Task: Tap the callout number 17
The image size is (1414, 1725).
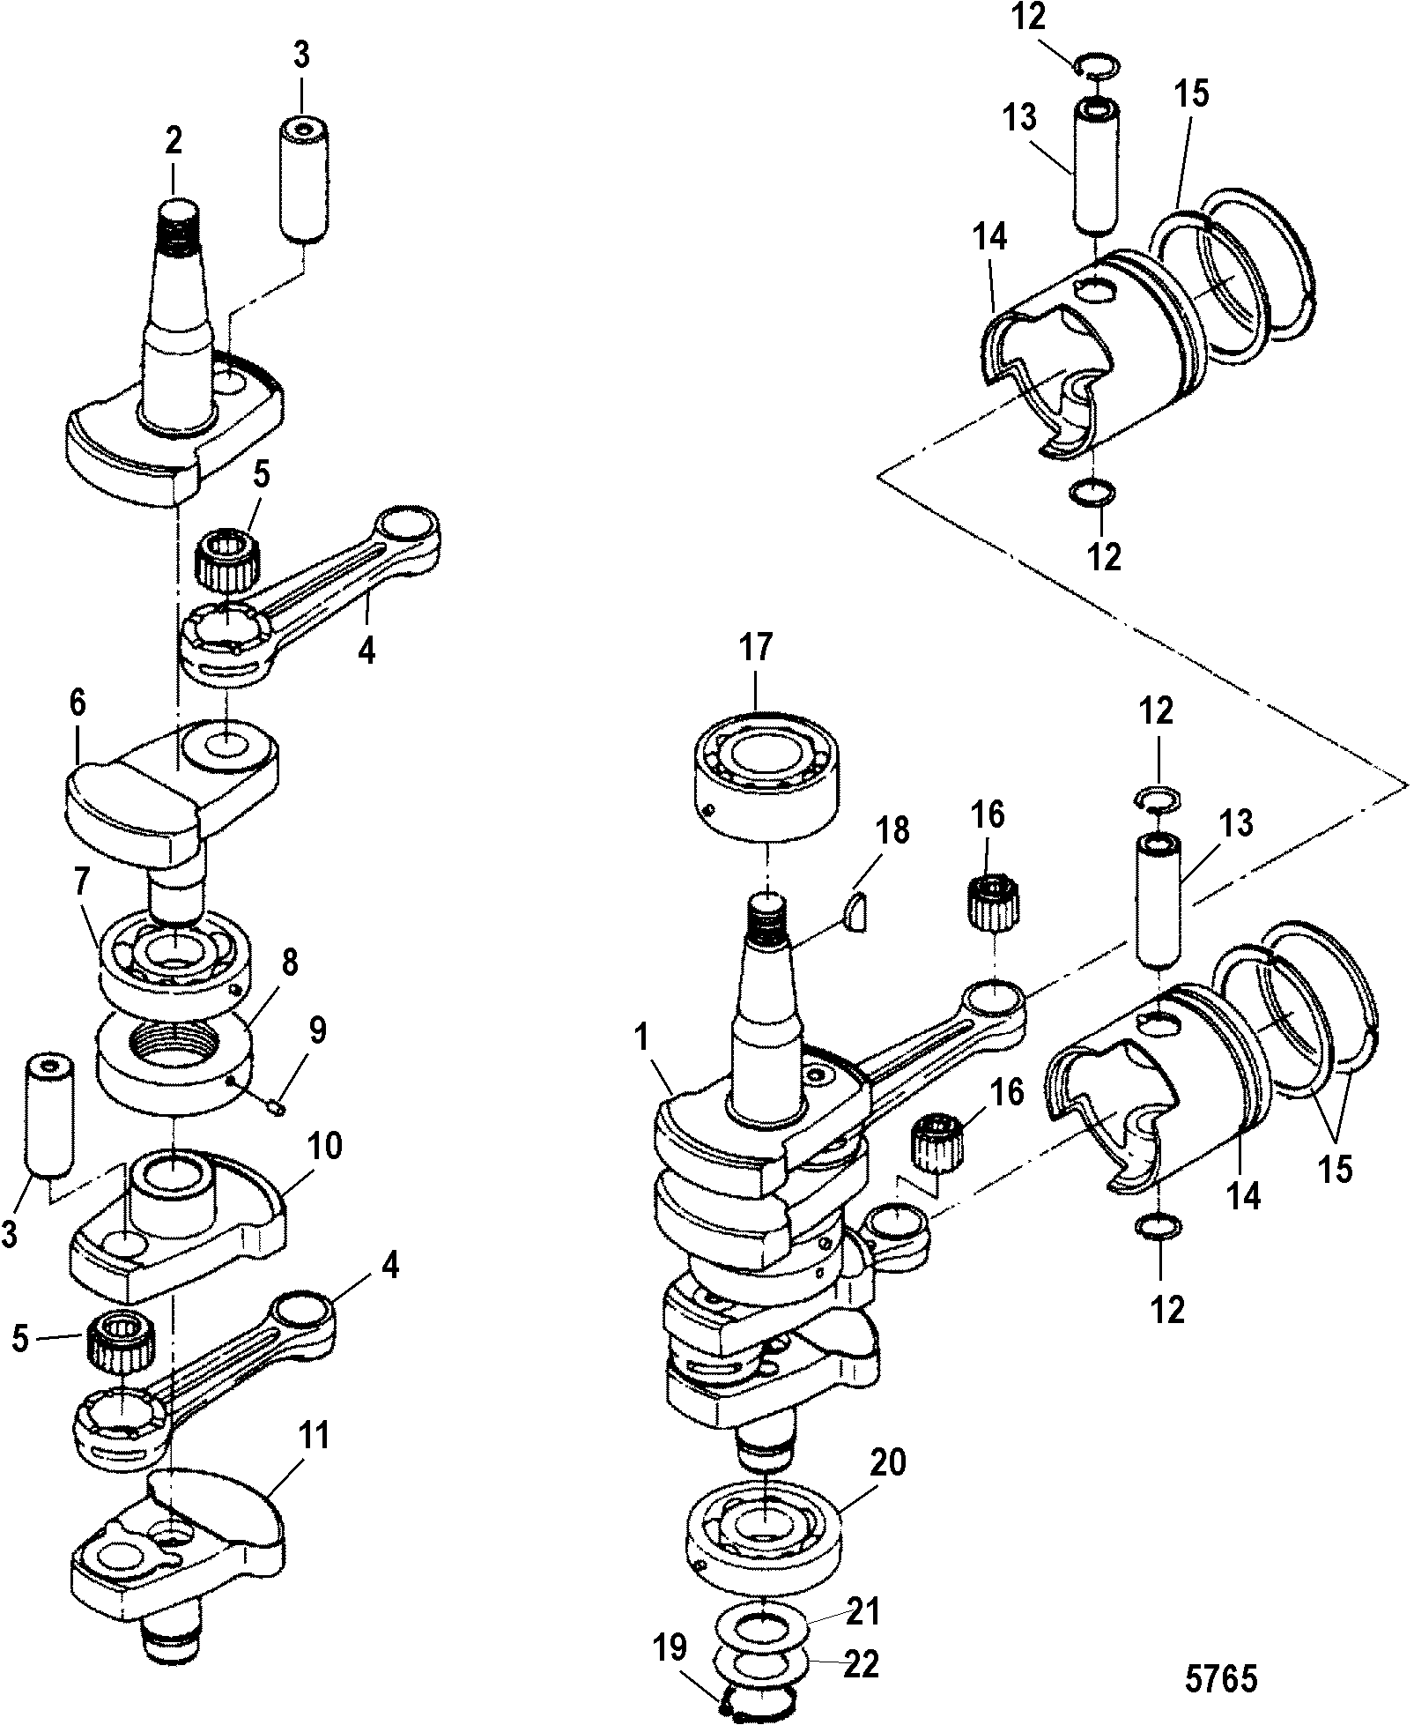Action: click(756, 648)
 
